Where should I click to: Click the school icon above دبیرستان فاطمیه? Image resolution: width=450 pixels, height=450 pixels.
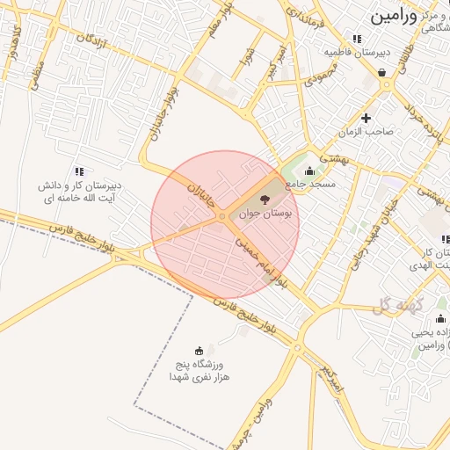click(x=357, y=39)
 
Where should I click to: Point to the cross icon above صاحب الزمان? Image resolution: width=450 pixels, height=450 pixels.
click(x=367, y=118)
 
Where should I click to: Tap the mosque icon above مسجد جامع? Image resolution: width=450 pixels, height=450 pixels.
click(x=308, y=171)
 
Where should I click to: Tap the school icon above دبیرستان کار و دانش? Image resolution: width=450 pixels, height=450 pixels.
click(x=79, y=172)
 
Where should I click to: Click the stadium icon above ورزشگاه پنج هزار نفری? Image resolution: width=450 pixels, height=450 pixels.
click(x=199, y=350)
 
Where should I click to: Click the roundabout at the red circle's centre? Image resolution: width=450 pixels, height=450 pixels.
click(x=224, y=216)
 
